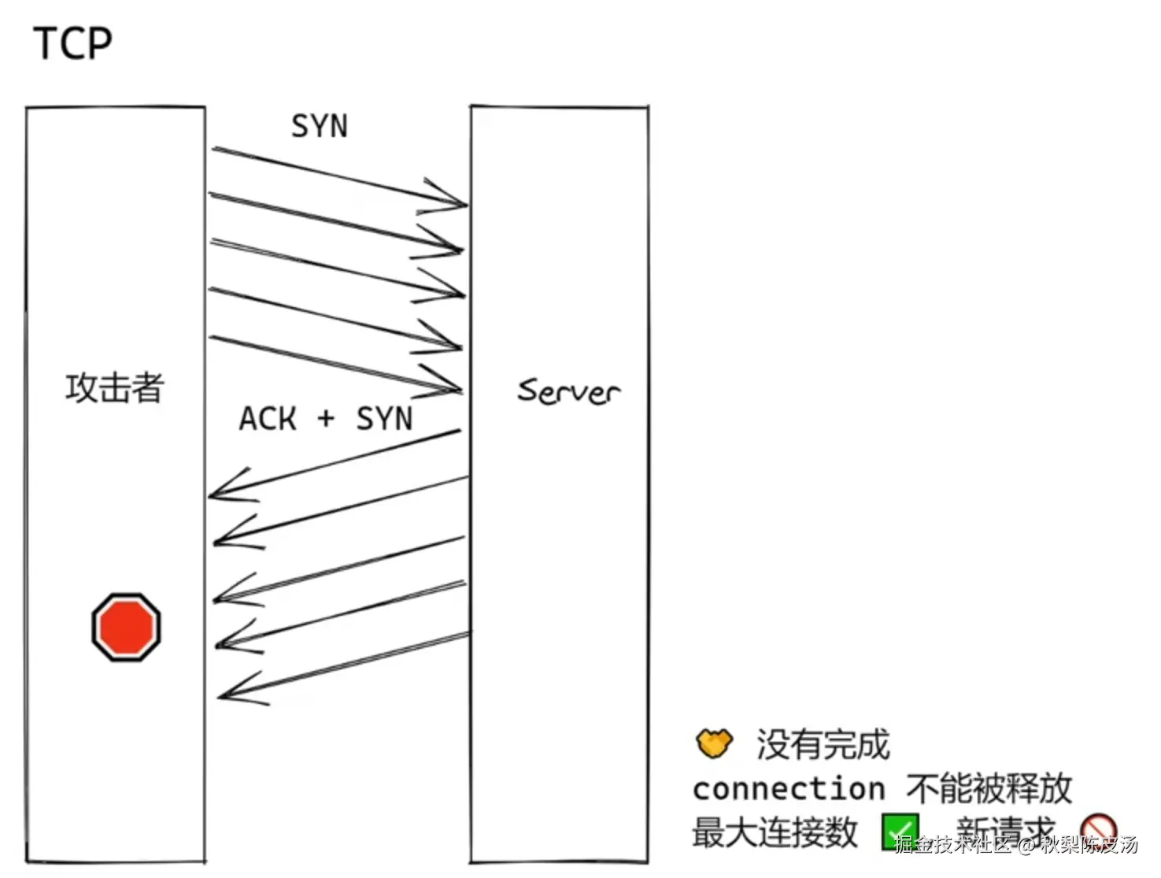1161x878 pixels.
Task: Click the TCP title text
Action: pos(72,43)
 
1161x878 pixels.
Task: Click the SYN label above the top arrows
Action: pos(319,126)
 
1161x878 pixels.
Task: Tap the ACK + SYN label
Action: pos(325,419)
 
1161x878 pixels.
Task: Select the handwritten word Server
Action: pos(568,391)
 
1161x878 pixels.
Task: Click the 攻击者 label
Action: pos(114,387)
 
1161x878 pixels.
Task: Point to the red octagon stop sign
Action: pos(126,627)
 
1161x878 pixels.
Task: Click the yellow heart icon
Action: pos(714,743)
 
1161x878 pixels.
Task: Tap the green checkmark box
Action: pos(900,832)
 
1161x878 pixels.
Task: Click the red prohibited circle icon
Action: pos(1098,830)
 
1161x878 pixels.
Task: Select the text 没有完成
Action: pos(823,744)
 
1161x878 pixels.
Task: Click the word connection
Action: pos(789,788)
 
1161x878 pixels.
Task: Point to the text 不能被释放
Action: pos(989,788)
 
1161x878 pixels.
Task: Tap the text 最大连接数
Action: pos(775,832)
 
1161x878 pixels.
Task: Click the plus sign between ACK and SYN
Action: pos(326,419)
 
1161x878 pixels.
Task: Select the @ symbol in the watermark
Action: pos(1025,846)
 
